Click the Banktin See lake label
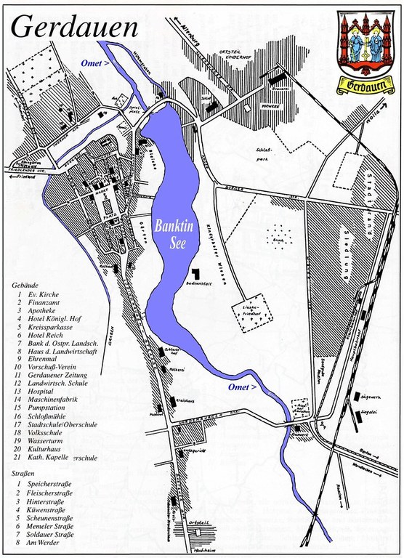click(171, 232)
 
